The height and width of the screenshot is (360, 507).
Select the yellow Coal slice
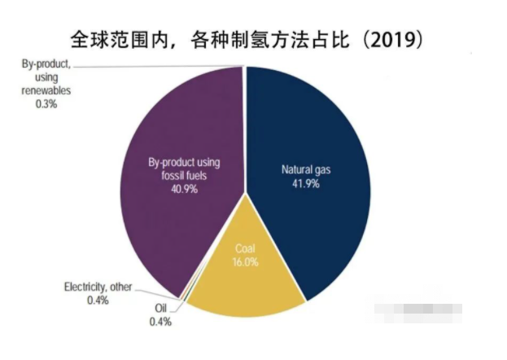(x=244, y=285)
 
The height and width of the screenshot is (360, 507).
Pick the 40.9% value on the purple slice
(x=184, y=188)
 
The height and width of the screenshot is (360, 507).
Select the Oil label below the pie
(x=160, y=309)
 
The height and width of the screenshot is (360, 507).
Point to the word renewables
(x=46, y=91)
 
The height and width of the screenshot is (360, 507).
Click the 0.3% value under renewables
(x=46, y=105)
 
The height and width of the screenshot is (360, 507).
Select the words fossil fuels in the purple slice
(x=185, y=175)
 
